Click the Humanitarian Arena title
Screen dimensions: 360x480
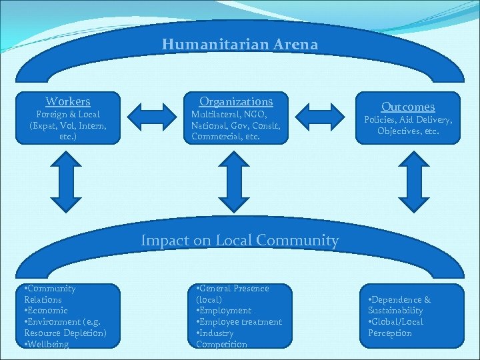pos(240,45)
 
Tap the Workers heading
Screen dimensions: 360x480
pos(68,101)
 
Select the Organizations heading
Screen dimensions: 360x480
pos(236,101)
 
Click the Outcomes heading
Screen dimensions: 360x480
pos(408,107)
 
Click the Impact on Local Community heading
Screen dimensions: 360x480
pos(240,241)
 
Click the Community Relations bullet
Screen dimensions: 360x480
pos(50,294)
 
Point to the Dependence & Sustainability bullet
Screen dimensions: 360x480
pos(400,305)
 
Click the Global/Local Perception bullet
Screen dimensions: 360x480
pos(396,327)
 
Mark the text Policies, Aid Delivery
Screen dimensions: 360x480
pos(408,120)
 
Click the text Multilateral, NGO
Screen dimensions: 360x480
pos(226,115)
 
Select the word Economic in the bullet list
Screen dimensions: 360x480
pos(47,311)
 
